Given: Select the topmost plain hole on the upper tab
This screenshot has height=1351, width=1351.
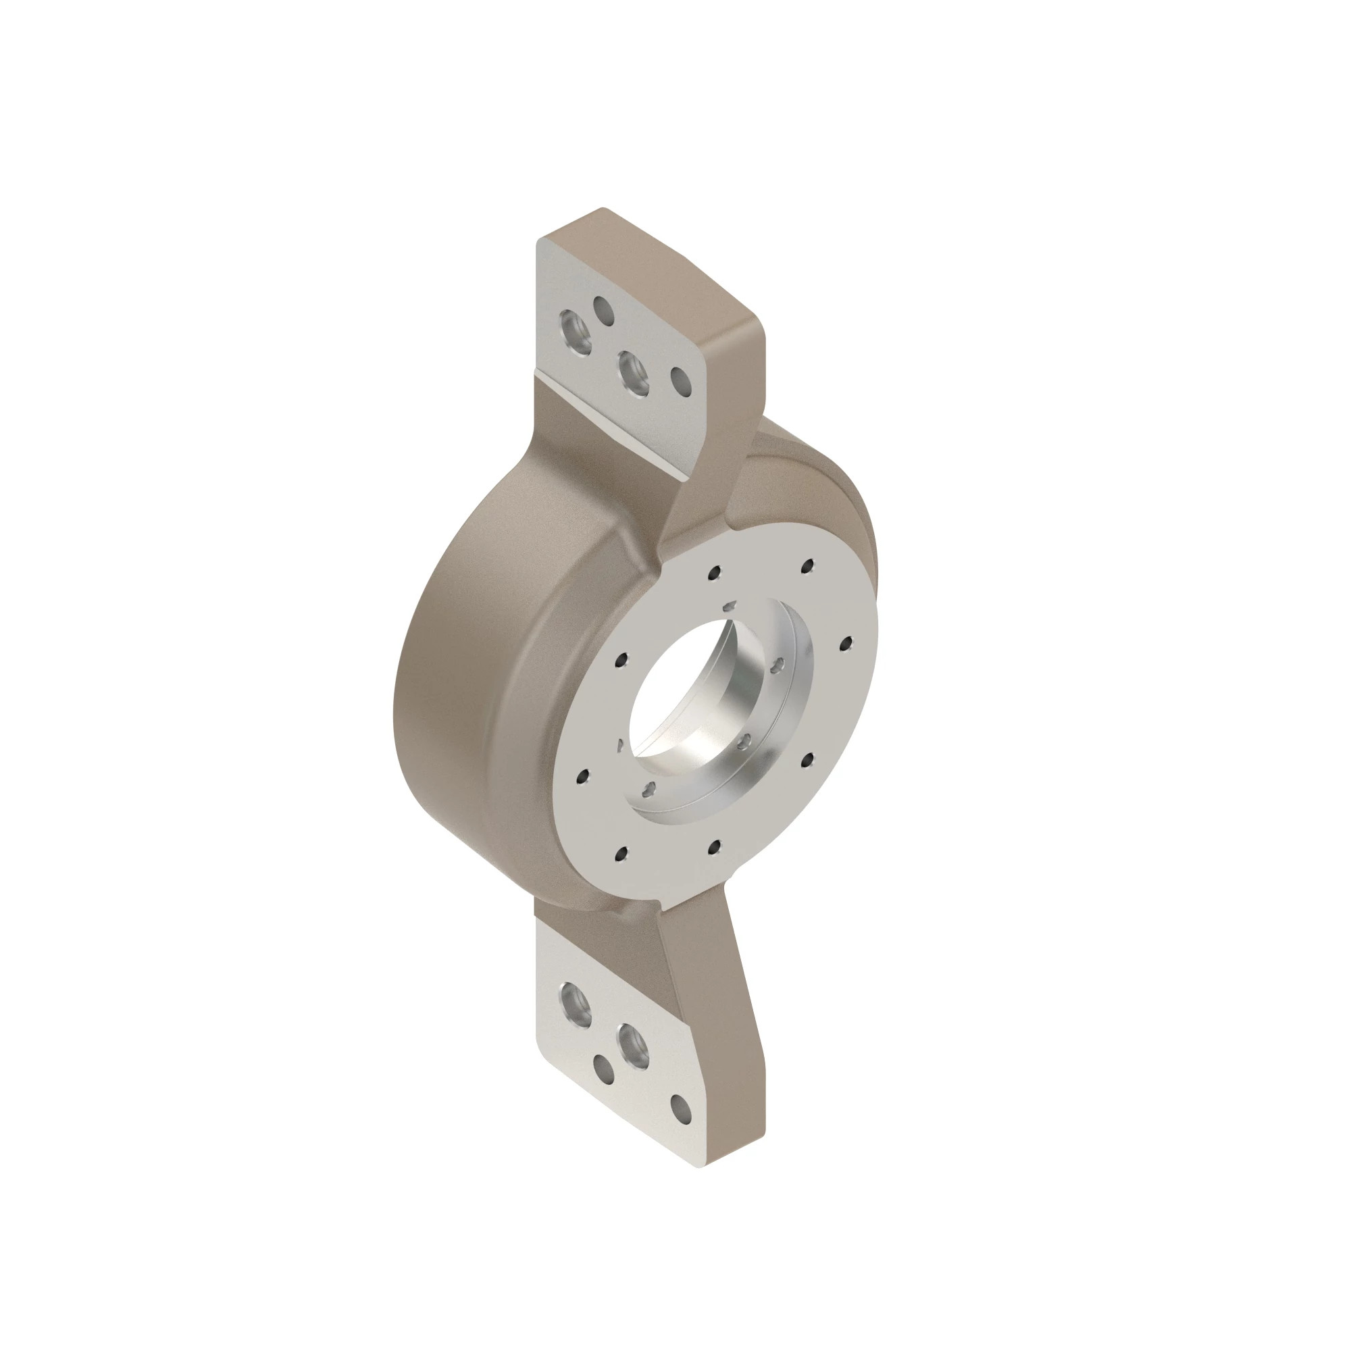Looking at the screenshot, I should (603, 311).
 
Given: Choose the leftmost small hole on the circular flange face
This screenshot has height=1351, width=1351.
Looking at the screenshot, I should (582, 775).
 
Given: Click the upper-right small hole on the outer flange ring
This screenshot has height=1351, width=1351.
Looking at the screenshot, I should (809, 565).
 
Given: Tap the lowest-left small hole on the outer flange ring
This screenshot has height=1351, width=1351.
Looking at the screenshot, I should (620, 852).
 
